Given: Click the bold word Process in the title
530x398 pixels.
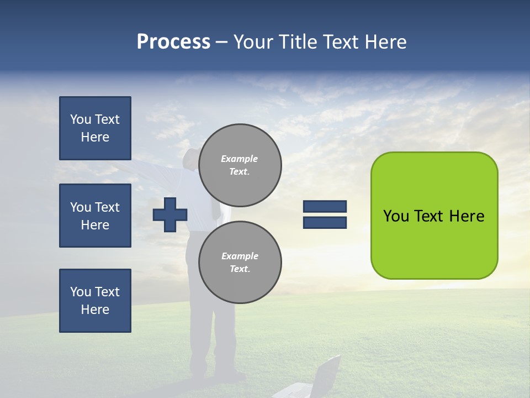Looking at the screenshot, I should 173,42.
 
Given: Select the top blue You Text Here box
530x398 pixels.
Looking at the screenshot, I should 95,128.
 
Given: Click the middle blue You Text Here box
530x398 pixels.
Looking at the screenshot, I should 95,216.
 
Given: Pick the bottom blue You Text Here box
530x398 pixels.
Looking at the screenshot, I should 95,301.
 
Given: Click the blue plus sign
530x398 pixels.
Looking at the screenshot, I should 170,214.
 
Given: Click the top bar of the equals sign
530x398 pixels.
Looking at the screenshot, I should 325,206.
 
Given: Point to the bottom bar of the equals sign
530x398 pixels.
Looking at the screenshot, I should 325,222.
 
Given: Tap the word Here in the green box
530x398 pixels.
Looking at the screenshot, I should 467,216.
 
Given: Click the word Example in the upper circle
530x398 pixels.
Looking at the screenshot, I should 240,159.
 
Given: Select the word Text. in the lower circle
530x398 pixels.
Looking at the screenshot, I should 240,269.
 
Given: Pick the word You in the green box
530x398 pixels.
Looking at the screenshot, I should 395,216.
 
